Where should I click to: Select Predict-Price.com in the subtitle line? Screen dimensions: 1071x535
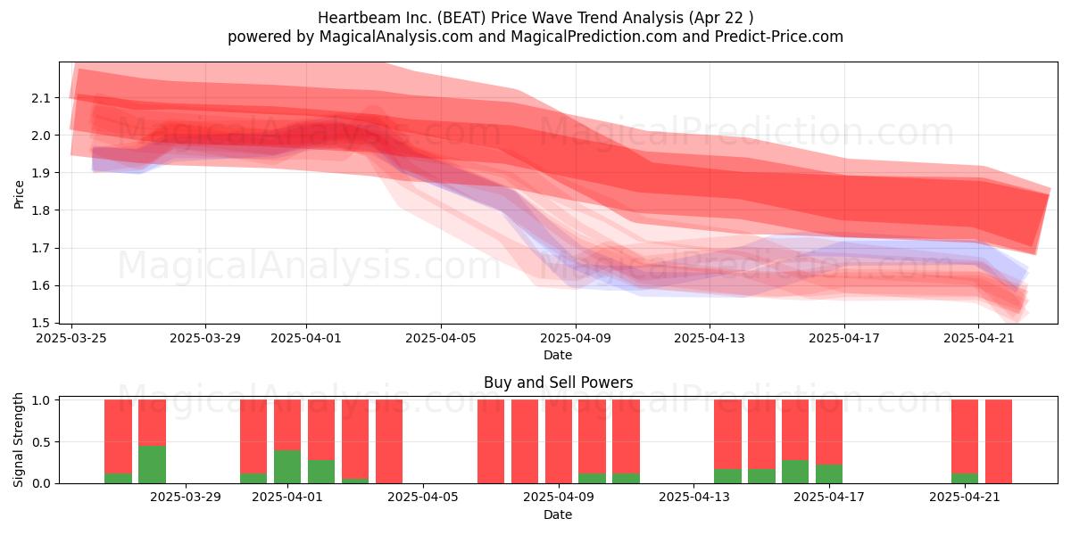click(779, 37)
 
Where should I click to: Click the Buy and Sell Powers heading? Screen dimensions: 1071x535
click(558, 383)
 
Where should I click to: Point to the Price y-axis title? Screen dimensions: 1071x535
click(19, 194)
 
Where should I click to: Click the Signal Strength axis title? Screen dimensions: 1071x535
click(18, 440)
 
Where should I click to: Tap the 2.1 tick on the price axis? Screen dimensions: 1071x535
click(40, 98)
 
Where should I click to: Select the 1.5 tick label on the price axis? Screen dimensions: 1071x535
click(40, 324)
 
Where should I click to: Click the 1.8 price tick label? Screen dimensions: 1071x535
click(40, 210)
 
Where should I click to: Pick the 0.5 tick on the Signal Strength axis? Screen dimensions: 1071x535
click(40, 442)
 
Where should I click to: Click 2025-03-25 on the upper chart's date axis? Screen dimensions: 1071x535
click(71, 338)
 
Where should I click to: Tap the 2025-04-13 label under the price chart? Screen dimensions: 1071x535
click(710, 338)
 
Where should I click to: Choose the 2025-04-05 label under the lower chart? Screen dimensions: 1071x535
click(423, 498)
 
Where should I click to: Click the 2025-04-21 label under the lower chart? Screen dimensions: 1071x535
click(965, 498)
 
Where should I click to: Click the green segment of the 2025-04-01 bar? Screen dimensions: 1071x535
click(287, 466)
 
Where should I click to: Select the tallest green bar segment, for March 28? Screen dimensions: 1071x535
click(152, 465)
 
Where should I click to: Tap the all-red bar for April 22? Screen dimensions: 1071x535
click(999, 441)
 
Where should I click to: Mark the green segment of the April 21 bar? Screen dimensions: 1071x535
click(965, 478)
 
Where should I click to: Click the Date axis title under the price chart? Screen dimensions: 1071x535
click(558, 355)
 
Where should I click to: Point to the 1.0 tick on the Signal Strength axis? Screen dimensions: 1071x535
click(40, 400)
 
